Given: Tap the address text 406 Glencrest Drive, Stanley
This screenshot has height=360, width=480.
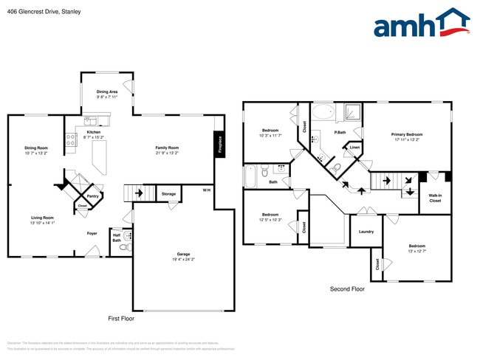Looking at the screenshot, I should (x=44, y=12).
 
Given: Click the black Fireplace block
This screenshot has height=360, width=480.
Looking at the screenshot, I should (x=219, y=144).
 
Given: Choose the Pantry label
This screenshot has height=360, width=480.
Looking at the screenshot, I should (x=92, y=196).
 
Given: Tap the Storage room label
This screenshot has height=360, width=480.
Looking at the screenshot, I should (x=168, y=194).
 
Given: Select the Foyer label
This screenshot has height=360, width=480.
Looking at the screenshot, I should (x=92, y=233).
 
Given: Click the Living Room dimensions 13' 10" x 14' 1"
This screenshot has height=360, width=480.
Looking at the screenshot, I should (x=42, y=223).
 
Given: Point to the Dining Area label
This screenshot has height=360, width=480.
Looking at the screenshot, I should (x=108, y=91).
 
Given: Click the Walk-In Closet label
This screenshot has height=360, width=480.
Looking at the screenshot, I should (x=435, y=198).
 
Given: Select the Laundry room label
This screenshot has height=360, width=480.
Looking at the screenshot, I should (x=366, y=232).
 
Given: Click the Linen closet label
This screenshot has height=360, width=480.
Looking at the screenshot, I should (x=355, y=148).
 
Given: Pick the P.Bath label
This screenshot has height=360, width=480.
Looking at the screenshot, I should (x=340, y=133).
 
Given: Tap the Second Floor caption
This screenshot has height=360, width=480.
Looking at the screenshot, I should (x=347, y=289).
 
